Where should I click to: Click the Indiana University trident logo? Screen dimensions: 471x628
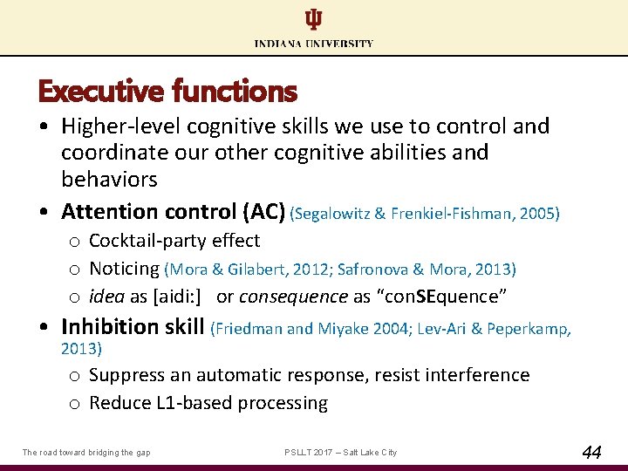coord(313,19)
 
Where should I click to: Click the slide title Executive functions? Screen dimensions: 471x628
coord(167,91)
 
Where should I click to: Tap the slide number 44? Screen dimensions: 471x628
coord(591,452)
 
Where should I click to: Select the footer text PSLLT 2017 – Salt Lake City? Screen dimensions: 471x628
coord(341,452)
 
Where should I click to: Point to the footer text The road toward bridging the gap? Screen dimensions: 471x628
coord(85,452)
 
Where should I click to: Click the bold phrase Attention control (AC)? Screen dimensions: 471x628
coord(173,212)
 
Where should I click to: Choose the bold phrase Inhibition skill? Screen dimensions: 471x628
coord(133,327)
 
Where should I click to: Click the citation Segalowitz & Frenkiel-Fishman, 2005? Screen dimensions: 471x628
coord(426,213)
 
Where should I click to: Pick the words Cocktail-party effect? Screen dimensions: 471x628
coord(174,241)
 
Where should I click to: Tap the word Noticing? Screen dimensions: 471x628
coord(124,269)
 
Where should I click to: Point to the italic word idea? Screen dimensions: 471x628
coord(107,297)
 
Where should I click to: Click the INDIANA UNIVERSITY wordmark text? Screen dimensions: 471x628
coord(314,44)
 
